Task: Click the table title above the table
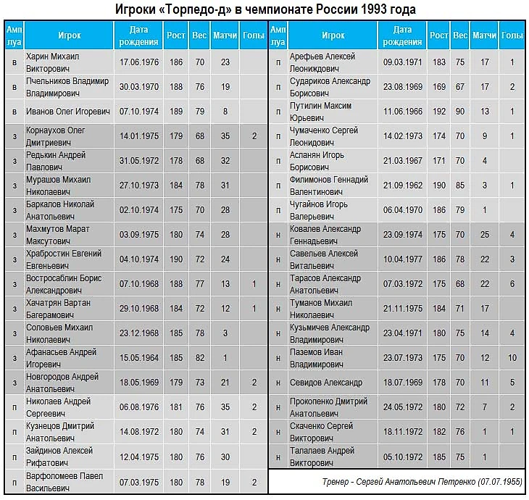tap(264, 9)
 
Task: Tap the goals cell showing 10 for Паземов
tap(512, 358)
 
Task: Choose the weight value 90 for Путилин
tap(459, 112)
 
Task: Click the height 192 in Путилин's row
tap(438, 112)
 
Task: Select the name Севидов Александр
tap(326, 383)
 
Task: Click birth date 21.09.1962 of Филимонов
tap(402, 186)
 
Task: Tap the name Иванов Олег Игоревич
tap(67, 112)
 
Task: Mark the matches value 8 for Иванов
tap(225, 112)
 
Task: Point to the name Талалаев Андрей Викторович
tap(322, 457)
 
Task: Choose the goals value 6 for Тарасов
tap(512, 284)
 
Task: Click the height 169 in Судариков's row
tap(438, 87)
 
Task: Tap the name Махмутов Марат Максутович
tap(58, 235)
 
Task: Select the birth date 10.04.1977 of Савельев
tap(402, 259)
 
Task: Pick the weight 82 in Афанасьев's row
tap(199, 358)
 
